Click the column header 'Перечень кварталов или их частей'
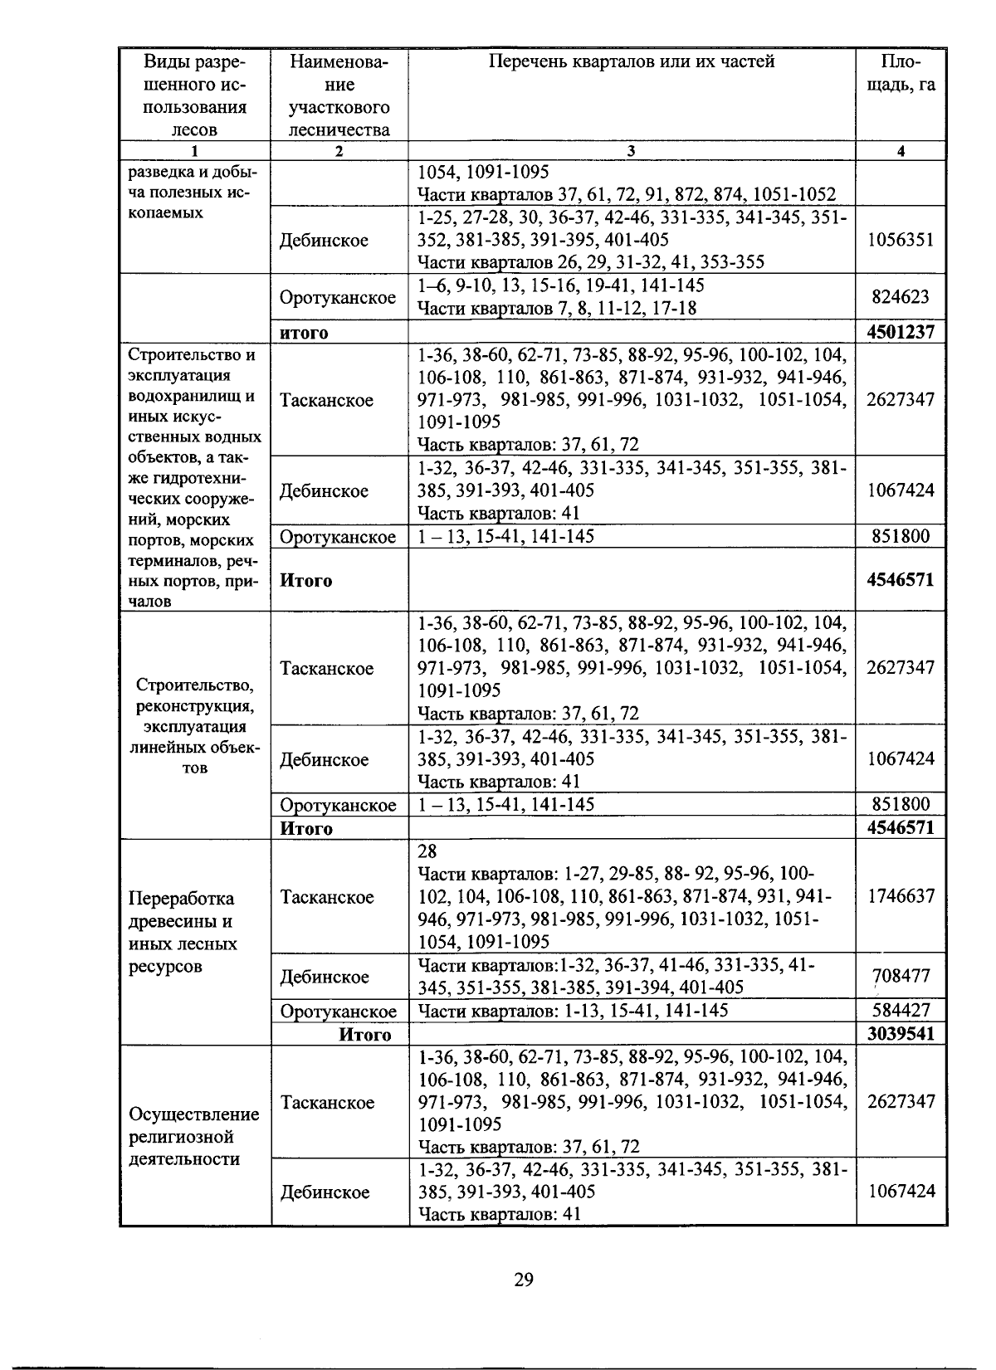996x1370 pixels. [x=631, y=61]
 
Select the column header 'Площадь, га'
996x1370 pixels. [x=901, y=73]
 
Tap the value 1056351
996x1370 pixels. [x=901, y=240]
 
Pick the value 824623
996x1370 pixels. [x=901, y=297]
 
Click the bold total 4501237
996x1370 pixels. [x=901, y=333]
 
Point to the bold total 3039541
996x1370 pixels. [x=901, y=1033]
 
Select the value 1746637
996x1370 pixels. [x=901, y=896]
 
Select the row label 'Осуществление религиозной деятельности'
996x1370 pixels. [x=194, y=1136]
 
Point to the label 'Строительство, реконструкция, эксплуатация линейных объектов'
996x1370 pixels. [x=194, y=726]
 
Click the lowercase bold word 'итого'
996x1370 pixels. [x=304, y=333]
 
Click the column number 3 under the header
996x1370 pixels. [x=631, y=151]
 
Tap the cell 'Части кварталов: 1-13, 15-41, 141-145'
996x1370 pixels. [x=573, y=1011]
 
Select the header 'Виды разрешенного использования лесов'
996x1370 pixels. [x=194, y=95]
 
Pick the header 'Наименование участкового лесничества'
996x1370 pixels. [x=339, y=95]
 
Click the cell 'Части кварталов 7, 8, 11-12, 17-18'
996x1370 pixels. [x=556, y=309]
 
